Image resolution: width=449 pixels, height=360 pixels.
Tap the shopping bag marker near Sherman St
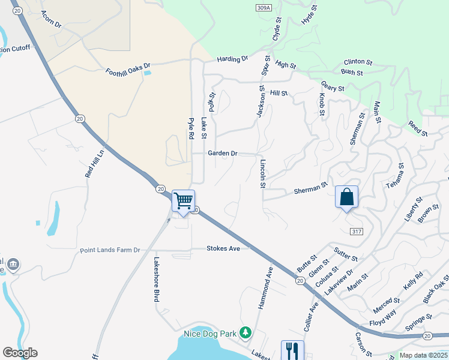(x=346, y=197)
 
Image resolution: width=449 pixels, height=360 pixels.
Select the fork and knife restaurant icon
(x=292, y=350)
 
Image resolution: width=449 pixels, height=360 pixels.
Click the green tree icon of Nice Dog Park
(x=245, y=332)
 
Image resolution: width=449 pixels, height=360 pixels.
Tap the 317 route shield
(x=357, y=231)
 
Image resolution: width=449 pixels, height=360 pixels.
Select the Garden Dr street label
(x=223, y=154)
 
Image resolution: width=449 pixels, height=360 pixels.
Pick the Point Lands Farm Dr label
(x=110, y=250)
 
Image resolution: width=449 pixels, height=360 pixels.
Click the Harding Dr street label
(x=233, y=59)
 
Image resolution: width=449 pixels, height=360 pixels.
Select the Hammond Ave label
(x=265, y=288)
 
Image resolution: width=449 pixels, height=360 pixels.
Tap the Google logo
(x=20, y=353)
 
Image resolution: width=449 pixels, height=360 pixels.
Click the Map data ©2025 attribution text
(x=423, y=355)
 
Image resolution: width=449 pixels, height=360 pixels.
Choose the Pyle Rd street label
(x=191, y=128)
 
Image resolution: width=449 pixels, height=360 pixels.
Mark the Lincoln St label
(x=262, y=174)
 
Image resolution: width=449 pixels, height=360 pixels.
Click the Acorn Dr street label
(x=51, y=20)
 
